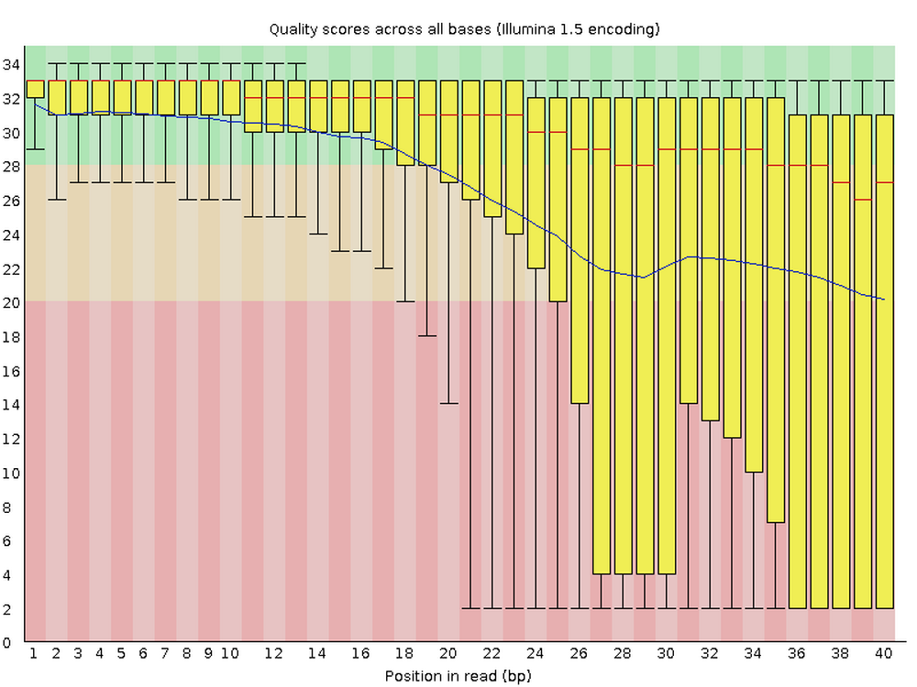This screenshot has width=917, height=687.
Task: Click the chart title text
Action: [463, 29]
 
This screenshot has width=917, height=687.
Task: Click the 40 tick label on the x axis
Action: [884, 654]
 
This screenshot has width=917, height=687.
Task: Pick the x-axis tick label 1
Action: [34, 654]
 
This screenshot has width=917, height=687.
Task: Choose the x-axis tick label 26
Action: [580, 654]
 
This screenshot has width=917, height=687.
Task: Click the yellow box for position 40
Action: [884, 366]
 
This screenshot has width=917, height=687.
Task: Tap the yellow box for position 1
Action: [36, 89]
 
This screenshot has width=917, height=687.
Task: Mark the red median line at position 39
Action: [862, 200]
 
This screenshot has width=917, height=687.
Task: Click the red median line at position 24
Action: [536, 132]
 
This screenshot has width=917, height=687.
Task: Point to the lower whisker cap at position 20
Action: [449, 403]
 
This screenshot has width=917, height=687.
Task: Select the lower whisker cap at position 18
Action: [405, 301]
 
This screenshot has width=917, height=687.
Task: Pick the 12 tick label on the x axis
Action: [274, 654]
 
